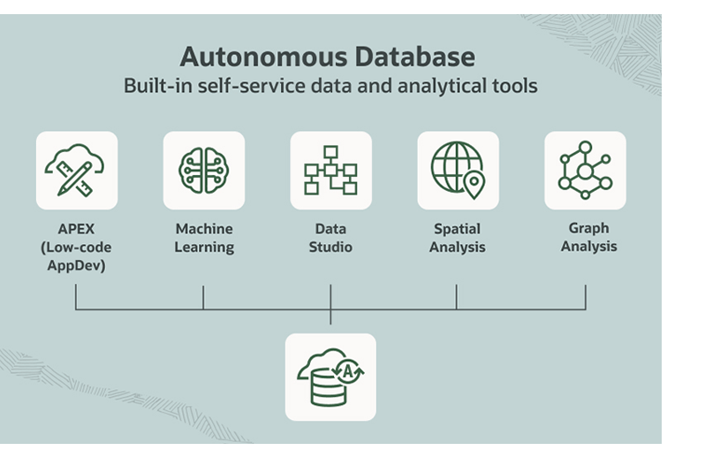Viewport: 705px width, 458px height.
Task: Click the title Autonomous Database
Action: [x=327, y=57]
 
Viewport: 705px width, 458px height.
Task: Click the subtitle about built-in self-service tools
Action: [x=330, y=87]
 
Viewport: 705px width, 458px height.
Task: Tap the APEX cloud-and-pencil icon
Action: [x=77, y=170]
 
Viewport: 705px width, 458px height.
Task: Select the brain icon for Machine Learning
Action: [x=203, y=170]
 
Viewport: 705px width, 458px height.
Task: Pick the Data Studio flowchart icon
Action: [x=330, y=170]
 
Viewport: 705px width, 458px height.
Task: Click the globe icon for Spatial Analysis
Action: [x=457, y=170]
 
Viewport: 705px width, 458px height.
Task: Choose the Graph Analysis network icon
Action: [x=585, y=170]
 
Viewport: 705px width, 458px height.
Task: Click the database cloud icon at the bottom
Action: [x=330, y=377]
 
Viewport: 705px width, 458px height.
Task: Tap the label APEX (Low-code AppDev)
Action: [x=76, y=247]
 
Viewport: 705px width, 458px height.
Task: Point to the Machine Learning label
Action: [x=204, y=238]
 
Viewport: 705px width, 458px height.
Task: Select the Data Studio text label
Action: [x=330, y=238]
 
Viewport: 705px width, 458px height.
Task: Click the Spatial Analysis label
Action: [x=457, y=238]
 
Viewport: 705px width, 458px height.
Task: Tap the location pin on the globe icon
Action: [x=474, y=184]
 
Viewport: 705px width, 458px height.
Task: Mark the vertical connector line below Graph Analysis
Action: [x=585, y=297]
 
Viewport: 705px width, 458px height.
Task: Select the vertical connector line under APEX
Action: [x=76, y=297]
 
